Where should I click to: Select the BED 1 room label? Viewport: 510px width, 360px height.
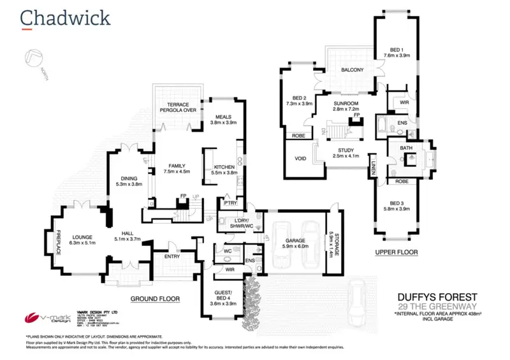coord(396,52)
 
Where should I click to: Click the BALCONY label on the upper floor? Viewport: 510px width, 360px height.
coord(352,69)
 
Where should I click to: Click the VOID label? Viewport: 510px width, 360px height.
coord(302,159)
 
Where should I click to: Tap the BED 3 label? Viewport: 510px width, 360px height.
coord(397,205)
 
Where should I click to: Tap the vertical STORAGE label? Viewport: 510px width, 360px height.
coord(331,244)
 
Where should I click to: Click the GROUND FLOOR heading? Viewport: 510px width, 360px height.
coord(156,298)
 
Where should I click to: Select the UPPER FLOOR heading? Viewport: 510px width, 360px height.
coord(397,252)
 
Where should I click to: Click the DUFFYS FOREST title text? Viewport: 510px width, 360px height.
coord(433,296)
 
